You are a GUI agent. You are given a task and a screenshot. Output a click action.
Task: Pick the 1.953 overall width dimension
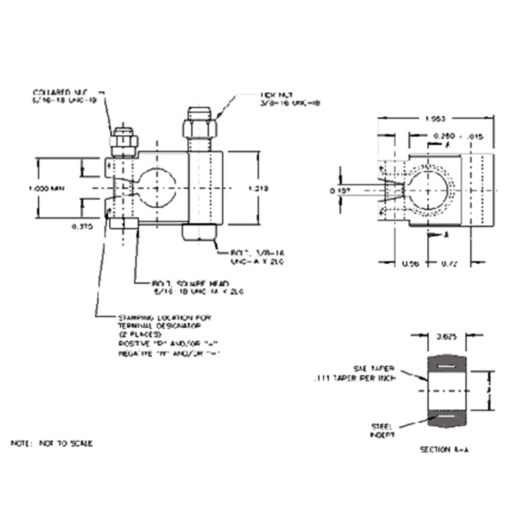(x=436, y=119)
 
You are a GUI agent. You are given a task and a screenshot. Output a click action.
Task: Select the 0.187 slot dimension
(x=337, y=191)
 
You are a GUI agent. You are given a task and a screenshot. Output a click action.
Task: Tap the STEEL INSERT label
(x=382, y=430)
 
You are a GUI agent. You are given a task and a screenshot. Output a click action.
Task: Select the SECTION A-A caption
(x=444, y=449)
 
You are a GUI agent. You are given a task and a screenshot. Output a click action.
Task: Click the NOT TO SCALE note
(x=52, y=443)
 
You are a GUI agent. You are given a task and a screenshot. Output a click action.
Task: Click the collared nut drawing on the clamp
(x=124, y=142)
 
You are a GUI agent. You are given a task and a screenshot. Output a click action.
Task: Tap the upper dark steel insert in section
(x=446, y=365)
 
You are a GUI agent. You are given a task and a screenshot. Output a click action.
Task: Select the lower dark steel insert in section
(x=446, y=418)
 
